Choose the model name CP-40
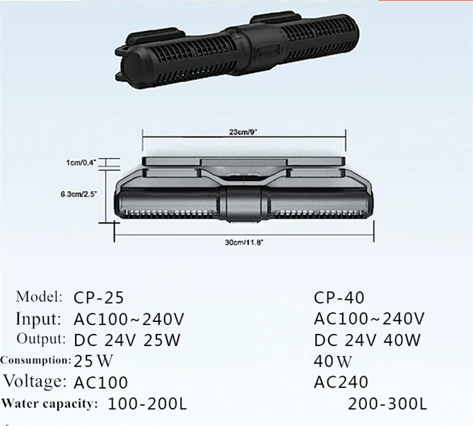coord(339,297)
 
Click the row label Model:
coord(40,296)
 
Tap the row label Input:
coord(38,318)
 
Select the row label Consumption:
coord(35,361)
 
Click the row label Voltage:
coord(35,381)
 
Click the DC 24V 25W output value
coord(127,340)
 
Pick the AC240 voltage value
coord(339,382)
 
